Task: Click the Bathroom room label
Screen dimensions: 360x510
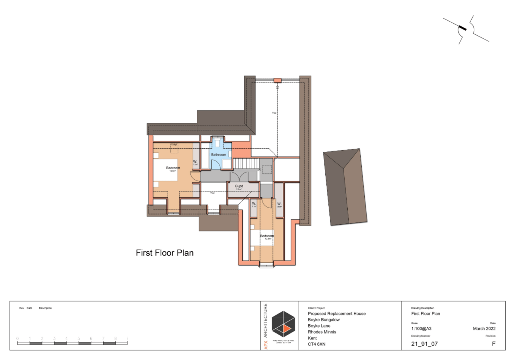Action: pyautogui.click(x=218, y=155)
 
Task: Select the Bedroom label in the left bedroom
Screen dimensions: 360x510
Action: pyautogui.click(x=173, y=168)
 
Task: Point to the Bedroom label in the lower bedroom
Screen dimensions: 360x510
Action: pyautogui.click(x=267, y=236)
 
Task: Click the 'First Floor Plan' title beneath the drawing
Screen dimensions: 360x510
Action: pyautogui.click(x=165, y=253)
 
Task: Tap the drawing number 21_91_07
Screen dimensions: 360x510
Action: pyautogui.click(x=423, y=344)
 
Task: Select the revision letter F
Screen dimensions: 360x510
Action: pyautogui.click(x=493, y=344)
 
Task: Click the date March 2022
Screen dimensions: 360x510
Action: pyautogui.click(x=484, y=329)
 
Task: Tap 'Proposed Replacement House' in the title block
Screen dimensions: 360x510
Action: pyautogui.click(x=337, y=314)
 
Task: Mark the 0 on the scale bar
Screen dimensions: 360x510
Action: pyautogui.click(x=18, y=338)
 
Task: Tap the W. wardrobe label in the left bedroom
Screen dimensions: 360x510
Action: pyautogui.click(x=195, y=161)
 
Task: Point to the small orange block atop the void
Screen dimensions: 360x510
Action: pyautogui.click(x=277, y=80)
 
